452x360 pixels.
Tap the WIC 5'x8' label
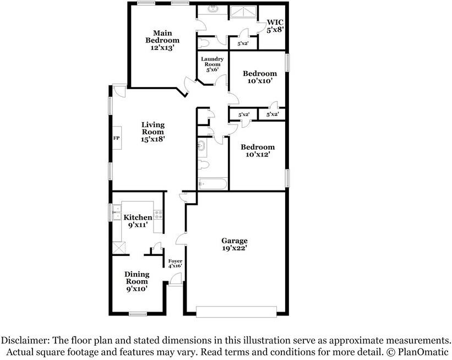pos(275,26)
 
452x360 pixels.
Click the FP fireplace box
pos(117,138)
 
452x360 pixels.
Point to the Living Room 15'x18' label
pos(153,132)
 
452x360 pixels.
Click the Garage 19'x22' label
pos(235,244)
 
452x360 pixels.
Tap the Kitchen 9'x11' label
pos(138,221)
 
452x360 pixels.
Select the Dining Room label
pos(137,281)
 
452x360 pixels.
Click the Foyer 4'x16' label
pos(175,264)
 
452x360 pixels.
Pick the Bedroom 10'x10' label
pos(260,77)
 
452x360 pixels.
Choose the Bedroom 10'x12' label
pos(258,150)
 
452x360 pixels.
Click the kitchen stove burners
pos(158,215)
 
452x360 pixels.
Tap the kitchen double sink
pos(117,212)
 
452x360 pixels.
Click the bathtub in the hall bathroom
pos(213,184)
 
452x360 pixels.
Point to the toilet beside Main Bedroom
pos(204,43)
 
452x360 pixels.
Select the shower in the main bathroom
pos(243,12)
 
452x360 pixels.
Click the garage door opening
pos(236,312)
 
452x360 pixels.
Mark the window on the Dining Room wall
pos(138,314)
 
